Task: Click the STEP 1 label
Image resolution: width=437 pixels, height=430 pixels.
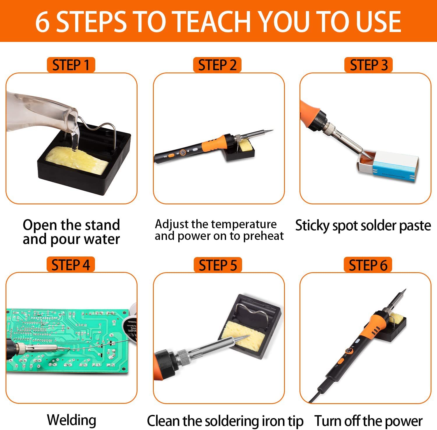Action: pyautogui.click(x=71, y=65)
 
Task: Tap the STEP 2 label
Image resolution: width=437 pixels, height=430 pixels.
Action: pyautogui.click(x=217, y=65)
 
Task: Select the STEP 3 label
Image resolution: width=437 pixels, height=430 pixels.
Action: pyautogui.click(x=369, y=65)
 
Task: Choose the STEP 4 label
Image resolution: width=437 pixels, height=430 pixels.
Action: pyautogui.click(x=71, y=265)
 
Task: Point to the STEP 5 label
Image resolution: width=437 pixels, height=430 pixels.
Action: pyautogui.click(x=218, y=265)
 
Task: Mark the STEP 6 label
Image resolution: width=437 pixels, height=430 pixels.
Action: pyautogui.click(x=368, y=265)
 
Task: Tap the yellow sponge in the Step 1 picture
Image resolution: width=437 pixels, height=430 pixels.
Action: pyautogui.click(x=77, y=160)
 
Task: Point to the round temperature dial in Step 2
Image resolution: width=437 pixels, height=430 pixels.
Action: pyautogui.click(x=183, y=153)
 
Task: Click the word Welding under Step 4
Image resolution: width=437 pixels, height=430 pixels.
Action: pyautogui.click(x=72, y=420)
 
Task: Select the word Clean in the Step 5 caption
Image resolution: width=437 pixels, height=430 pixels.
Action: pyautogui.click(x=164, y=421)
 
